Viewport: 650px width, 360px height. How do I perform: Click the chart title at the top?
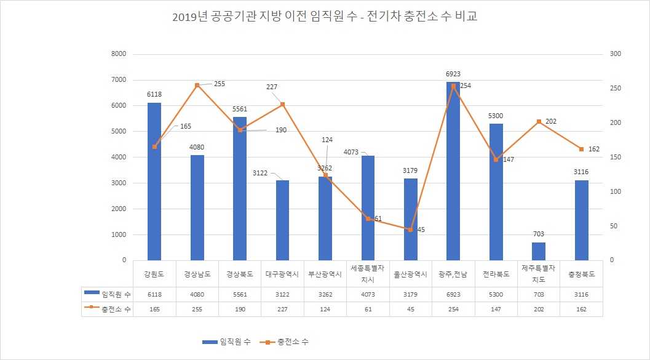click(x=325, y=17)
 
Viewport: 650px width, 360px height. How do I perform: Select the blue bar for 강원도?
click(x=154, y=182)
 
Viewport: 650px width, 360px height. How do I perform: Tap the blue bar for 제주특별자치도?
click(x=539, y=251)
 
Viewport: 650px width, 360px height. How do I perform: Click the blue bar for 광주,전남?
click(x=453, y=171)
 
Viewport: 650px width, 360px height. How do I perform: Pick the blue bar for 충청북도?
click(x=581, y=220)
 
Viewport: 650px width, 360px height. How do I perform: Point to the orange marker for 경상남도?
click(x=197, y=85)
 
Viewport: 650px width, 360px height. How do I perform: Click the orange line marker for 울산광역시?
click(x=410, y=230)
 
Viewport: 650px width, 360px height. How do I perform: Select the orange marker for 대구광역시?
click(x=282, y=104)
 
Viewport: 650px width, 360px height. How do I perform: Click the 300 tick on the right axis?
click(x=616, y=54)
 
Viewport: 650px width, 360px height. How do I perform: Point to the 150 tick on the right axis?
click(x=616, y=158)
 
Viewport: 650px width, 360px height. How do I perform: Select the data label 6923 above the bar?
click(x=453, y=74)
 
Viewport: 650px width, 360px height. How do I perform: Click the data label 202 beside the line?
click(x=550, y=121)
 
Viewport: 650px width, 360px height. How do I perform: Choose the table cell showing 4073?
click(x=368, y=295)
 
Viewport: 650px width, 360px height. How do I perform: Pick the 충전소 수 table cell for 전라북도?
click(x=496, y=309)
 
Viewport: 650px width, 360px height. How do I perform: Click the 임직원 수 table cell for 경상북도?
click(x=240, y=295)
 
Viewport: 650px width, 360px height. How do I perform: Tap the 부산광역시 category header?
click(x=325, y=274)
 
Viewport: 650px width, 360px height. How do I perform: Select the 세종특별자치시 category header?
click(x=368, y=274)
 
